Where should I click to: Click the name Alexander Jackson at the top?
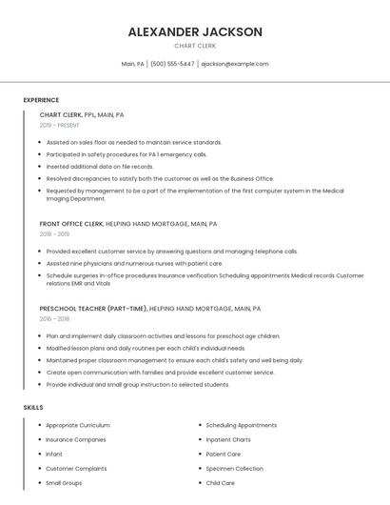coord(195,31)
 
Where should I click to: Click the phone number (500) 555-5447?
coord(172,64)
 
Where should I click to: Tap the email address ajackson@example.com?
coord(235,64)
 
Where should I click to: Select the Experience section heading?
coord(41,100)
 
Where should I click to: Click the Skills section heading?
coord(33,407)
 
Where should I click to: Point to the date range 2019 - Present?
coord(59,125)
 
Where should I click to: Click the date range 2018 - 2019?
coord(54,233)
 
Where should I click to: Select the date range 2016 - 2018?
coord(54,319)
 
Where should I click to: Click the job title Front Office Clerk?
coord(70,224)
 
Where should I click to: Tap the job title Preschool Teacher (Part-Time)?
coord(93,309)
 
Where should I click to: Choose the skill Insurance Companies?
coord(76,439)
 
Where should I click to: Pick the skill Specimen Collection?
coord(234,469)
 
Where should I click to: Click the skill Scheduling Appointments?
coord(242,425)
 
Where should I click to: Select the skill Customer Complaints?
coord(76,469)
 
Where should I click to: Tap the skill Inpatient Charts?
coord(228,439)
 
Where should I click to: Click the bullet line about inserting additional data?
coord(100,166)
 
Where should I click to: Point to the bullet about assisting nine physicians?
coord(134,263)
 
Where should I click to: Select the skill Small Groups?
coord(64,483)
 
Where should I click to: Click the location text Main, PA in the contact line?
coord(133,64)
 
